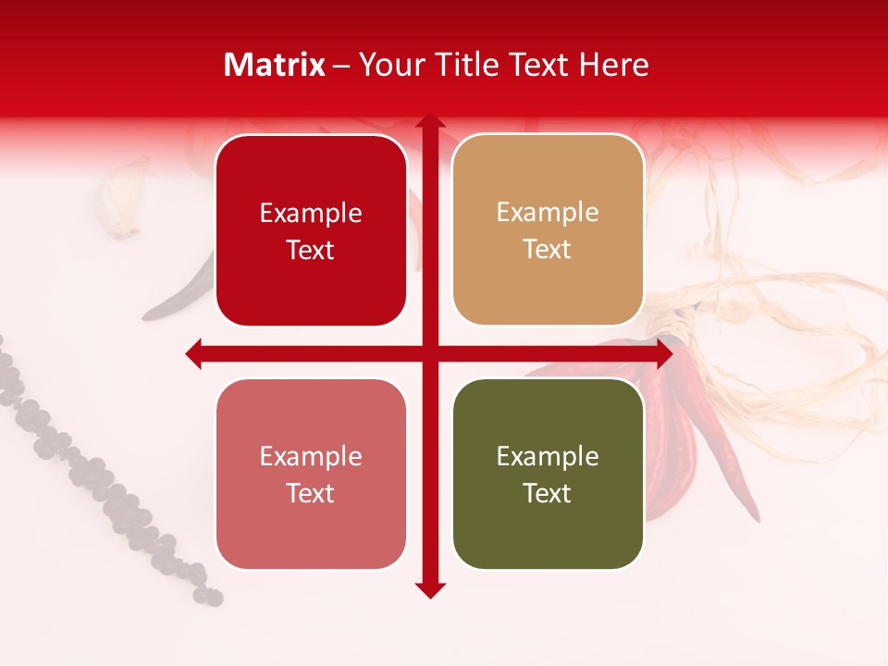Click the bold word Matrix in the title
(275, 65)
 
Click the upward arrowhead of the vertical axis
(430, 123)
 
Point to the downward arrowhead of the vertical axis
(430, 589)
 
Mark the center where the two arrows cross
(430, 353)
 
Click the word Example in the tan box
(548, 213)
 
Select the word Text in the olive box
(548, 494)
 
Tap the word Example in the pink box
(311, 456)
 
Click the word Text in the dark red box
(311, 251)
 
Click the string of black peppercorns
(102, 481)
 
